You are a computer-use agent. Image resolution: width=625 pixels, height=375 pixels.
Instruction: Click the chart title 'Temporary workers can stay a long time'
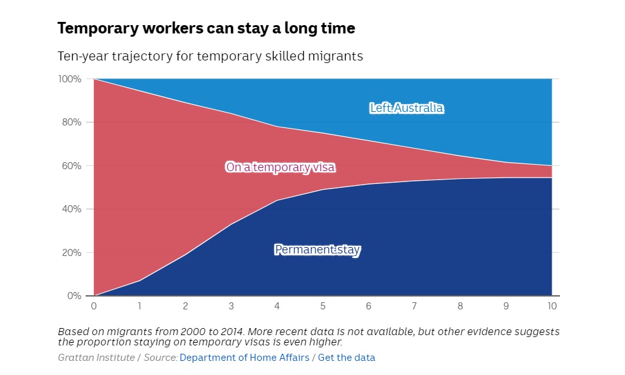[206, 28]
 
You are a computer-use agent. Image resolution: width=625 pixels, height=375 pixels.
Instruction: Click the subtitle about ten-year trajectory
[210, 57]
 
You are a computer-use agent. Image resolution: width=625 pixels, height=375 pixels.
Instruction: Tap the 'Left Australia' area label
[406, 108]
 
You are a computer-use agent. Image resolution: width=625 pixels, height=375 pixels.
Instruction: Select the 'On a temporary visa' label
[281, 167]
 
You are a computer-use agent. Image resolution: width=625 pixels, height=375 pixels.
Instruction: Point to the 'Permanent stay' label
[317, 250]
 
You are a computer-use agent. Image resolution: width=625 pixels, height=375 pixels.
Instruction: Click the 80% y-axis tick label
[71, 122]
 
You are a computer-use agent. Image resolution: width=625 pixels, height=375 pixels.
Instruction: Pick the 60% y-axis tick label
[71, 166]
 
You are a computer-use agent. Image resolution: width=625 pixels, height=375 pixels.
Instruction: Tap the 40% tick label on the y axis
[71, 209]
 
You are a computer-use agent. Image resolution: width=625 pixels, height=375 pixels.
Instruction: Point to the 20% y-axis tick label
[71, 253]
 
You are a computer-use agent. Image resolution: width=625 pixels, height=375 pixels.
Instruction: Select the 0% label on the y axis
[74, 296]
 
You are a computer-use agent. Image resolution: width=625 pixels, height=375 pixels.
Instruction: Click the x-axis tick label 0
[94, 306]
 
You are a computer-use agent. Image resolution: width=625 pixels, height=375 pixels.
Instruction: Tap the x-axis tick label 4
[277, 306]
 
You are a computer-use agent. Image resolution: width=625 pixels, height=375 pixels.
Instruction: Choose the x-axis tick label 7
[415, 306]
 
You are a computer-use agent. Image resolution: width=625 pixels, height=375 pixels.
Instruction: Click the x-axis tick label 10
[552, 306]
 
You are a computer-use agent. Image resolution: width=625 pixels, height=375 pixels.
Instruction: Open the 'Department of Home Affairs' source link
[245, 358]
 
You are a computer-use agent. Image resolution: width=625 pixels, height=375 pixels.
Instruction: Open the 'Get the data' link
[346, 358]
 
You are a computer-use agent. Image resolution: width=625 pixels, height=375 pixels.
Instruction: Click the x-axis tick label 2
[185, 306]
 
